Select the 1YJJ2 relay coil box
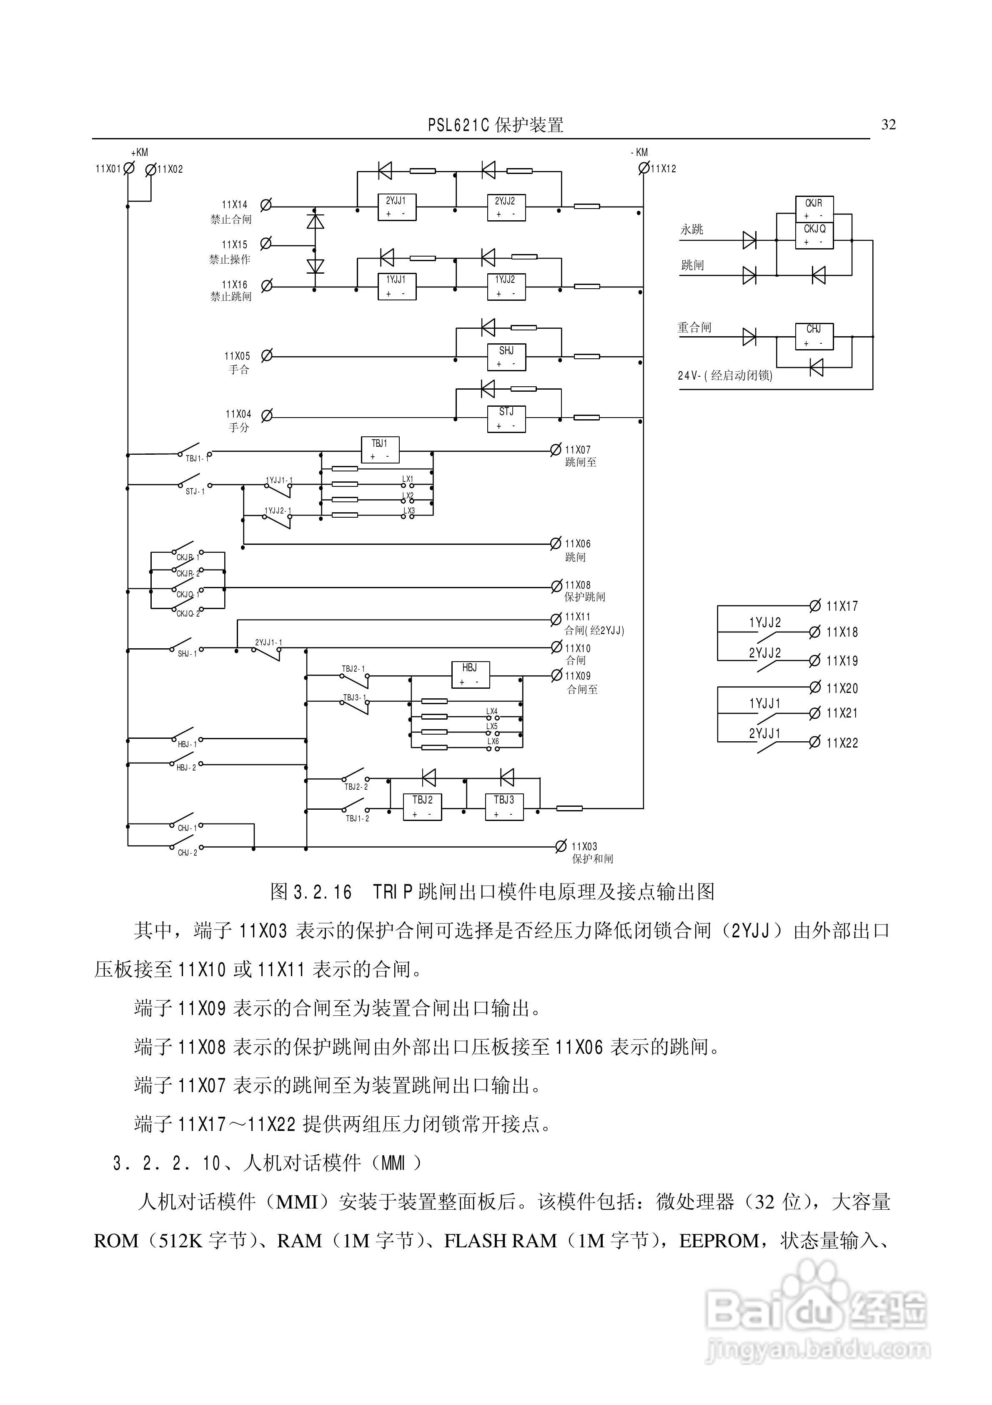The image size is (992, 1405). pyautogui.click(x=506, y=287)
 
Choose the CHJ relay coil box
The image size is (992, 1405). pyautogui.click(x=814, y=336)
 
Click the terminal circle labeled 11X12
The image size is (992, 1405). pyautogui.click(x=644, y=168)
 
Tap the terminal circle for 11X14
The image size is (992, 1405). pyautogui.click(x=266, y=205)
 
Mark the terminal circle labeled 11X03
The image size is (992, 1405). pyautogui.click(x=561, y=846)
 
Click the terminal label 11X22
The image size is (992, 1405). pyautogui.click(x=842, y=743)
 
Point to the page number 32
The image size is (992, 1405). pyautogui.click(x=888, y=125)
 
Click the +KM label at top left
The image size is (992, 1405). pyautogui.click(x=140, y=152)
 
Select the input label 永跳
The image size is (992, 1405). pyautogui.click(x=692, y=229)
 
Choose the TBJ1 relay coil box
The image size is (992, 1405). pyautogui.click(x=380, y=450)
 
